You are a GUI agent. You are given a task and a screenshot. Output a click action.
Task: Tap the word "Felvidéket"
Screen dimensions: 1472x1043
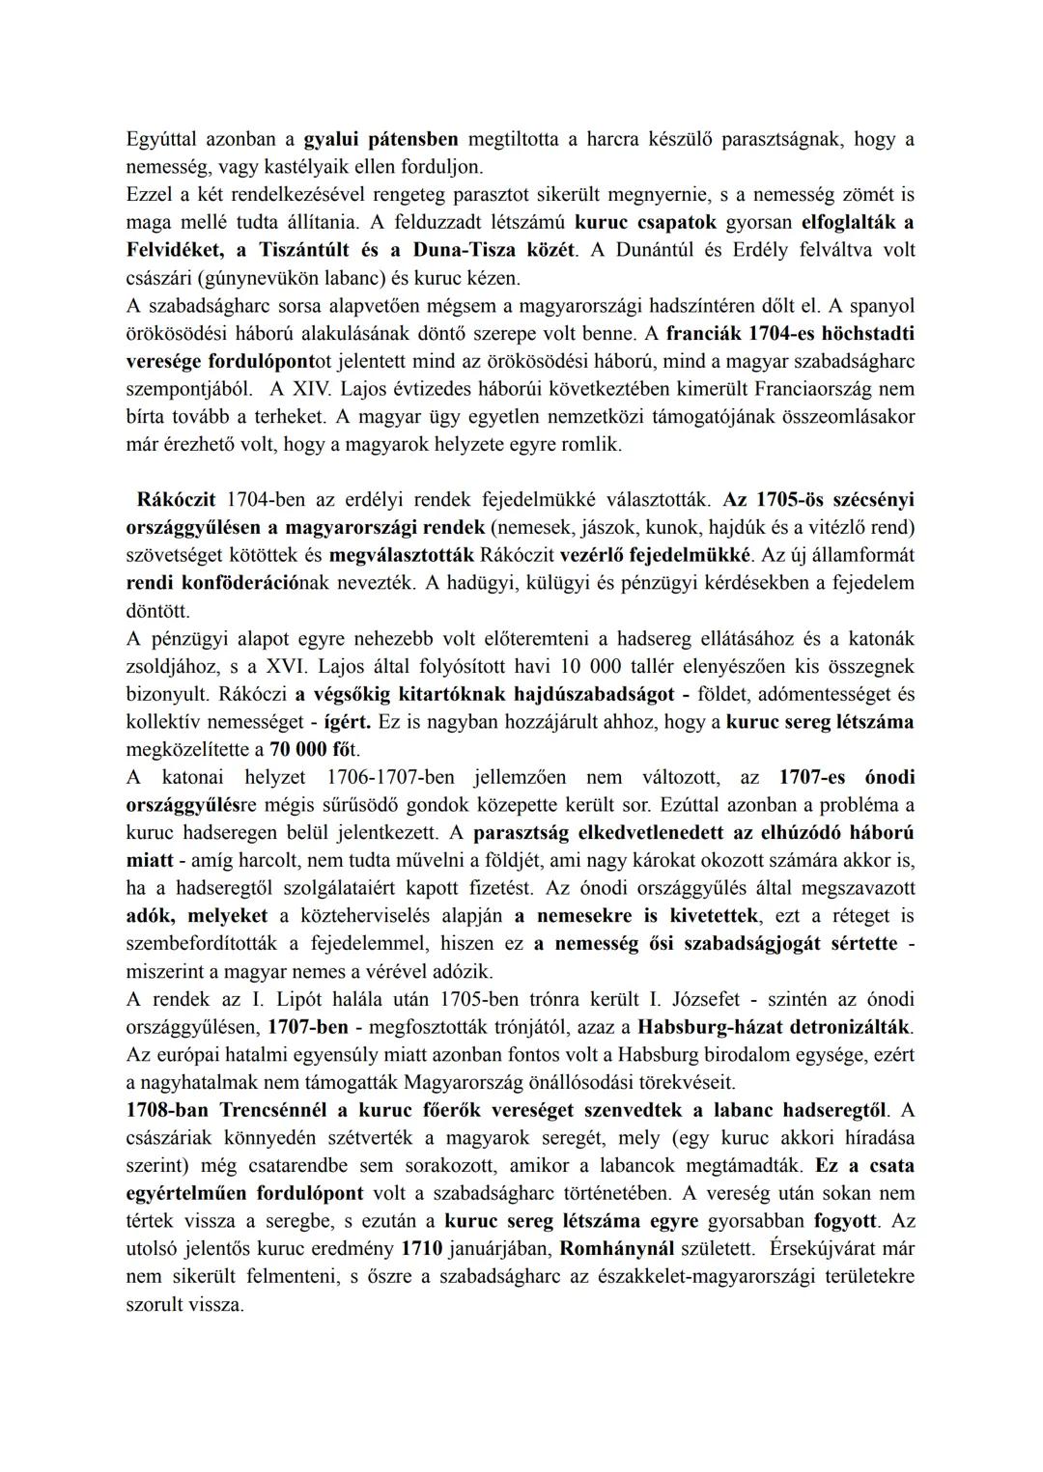[x=173, y=250]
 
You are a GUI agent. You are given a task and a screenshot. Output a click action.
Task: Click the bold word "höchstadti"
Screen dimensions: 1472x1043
[x=866, y=333]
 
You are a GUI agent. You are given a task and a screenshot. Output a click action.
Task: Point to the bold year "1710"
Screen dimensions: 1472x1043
[x=420, y=1248]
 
